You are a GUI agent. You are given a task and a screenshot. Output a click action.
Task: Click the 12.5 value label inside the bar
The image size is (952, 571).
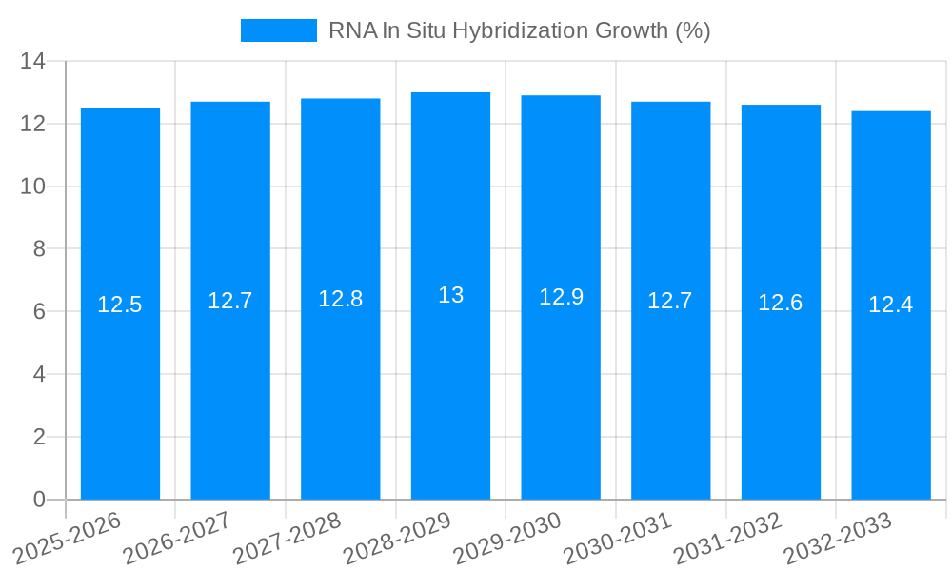tap(120, 305)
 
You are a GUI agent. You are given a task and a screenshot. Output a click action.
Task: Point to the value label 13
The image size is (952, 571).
tap(450, 295)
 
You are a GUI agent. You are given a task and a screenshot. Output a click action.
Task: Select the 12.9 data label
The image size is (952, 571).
tap(561, 297)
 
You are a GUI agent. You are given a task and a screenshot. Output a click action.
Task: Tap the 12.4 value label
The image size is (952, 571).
tap(891, 305)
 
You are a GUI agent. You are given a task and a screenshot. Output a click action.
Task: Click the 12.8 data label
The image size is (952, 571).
tap(340, 299)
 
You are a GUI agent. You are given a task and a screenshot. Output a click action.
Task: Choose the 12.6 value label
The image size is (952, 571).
tap(781, 303)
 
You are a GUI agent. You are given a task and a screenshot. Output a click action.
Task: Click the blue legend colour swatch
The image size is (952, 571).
tap(278, 30)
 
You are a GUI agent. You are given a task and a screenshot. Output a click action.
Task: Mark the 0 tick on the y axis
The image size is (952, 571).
tap(39, 500)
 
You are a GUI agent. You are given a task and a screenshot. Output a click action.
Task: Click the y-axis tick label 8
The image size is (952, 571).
tap(39, 249)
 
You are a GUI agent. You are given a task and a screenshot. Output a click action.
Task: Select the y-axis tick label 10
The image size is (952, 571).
tap(33, 187)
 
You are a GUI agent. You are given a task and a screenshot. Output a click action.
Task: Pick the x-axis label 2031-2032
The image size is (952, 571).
tap(728, 539)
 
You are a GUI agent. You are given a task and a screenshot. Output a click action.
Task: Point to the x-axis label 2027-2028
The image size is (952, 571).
tap(288, 539)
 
